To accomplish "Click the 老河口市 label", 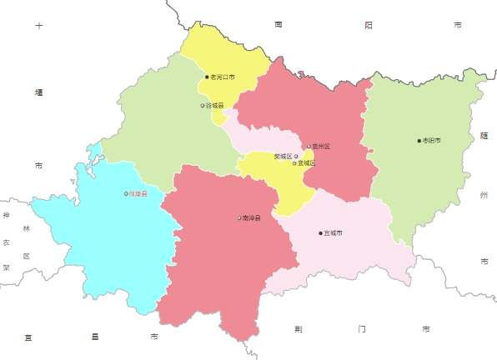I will (223, 77).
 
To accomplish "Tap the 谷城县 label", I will (214, 106).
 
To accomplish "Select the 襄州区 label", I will (321, 147).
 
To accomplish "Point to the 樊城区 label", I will (284, 156).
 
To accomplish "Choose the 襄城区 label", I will (307, 163).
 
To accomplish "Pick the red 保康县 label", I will (138, 194).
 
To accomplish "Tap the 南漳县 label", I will (251, 218).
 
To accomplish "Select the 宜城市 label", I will (333, 233).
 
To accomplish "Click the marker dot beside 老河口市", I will (207, 77).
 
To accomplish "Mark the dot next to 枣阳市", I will (419, 141).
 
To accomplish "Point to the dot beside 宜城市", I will (320, 233).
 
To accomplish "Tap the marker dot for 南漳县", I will (239, 218).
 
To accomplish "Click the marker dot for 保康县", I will (126, 194).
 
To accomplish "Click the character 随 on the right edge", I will (484, 136).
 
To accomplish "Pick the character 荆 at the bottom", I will (299, 329).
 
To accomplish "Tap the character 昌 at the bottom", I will (94, 337).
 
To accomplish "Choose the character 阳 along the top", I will (368, 26).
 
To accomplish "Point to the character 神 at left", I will (6, 216).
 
